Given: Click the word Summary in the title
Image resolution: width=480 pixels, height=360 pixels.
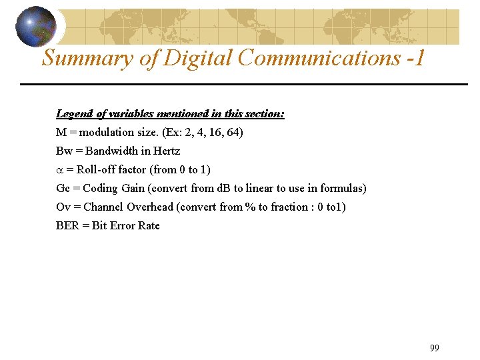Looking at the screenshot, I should (x=87, y=58).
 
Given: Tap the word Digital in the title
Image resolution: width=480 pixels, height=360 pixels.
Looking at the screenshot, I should (x=198, y=58).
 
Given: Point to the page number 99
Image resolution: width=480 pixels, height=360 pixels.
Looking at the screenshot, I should (x=435, y=348).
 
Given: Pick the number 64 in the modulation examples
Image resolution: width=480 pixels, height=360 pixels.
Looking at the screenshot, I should (x=233, y=133).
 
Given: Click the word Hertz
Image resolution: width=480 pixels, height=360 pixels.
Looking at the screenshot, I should (x=167, y=151).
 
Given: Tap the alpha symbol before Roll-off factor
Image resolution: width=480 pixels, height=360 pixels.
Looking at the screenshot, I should (x=60, y=170).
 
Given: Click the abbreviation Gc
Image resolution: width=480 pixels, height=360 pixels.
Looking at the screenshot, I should (x=63, y=189).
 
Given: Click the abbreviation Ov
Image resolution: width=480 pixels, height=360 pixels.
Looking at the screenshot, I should (x=63, y=207).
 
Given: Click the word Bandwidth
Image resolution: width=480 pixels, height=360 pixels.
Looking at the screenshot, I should (x=112, y=151).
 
